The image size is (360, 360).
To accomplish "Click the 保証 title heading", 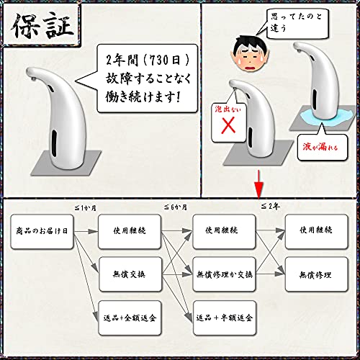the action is tap(42, 26).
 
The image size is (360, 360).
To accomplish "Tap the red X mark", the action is tap(228, 125).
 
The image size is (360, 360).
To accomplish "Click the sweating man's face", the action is tap(250, 53).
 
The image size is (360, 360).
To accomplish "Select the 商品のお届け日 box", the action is tap(42, 232).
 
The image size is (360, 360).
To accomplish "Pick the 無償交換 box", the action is tap(130, 274).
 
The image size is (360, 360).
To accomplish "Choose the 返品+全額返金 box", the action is tap(130, 318).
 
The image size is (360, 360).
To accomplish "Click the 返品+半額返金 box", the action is tap(225, 318).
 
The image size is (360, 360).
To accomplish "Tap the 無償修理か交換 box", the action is tap(224, 274).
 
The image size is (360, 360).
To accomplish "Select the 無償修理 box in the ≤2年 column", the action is tap(316, 274).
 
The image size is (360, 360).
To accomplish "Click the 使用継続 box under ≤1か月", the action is tap(130, 232).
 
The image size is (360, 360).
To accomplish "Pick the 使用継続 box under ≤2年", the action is tap(316, 232).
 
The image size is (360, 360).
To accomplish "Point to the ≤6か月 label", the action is tap(176, 207).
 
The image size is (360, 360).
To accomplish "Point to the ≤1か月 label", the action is tap(86, 207).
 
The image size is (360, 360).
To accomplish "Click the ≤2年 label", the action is tap(271, 206).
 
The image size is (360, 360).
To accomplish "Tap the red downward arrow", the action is tap(258, 184).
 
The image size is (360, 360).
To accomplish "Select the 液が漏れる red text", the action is tap(320, 146).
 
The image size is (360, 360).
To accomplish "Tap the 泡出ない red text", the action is tap(228, 109).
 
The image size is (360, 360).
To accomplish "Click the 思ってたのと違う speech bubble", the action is tap(297, 23).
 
